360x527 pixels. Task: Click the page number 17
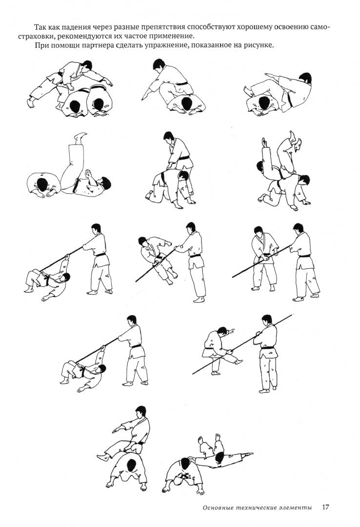click(x=325, y=507)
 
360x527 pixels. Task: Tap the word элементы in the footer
click(x=296, y=507)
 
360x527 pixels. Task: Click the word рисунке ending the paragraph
click(x=260, y=45)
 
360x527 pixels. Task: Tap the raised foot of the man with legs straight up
click(x=80, y=136)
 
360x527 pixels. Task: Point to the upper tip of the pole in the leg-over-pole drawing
click(x=292, y=315)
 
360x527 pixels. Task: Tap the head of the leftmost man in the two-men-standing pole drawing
click(x=258, y=232)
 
